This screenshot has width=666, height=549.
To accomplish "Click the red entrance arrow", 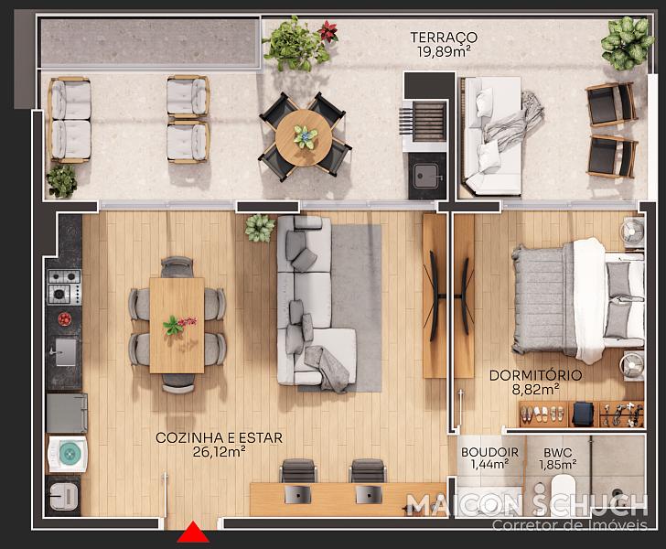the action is point(193,533).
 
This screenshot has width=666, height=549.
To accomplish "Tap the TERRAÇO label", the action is point(444,38).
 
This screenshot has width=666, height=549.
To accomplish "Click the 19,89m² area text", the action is point(444,52).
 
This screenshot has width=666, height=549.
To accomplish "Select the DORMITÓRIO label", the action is point(535,376).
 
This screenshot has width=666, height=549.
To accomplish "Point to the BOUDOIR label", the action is point(489,453).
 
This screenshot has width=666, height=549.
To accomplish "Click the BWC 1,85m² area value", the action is point(558,465).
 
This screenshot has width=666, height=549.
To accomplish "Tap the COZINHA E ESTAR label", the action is point(220,437).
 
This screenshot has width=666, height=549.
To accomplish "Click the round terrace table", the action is point(304,137).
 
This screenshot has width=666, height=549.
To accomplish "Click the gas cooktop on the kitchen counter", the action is point(64,286).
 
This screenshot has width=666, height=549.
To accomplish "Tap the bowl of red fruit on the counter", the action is point(65,318).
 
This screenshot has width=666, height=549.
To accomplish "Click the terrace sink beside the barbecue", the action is point(426,176).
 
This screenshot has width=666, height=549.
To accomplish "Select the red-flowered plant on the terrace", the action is point(328,31).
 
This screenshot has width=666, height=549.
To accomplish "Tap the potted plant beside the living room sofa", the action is point(260,228).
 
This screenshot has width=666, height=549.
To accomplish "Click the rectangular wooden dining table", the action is point(177,326).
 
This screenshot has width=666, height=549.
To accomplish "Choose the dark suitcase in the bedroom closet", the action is point(583,414).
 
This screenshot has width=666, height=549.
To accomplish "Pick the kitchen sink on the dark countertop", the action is point(66,352).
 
